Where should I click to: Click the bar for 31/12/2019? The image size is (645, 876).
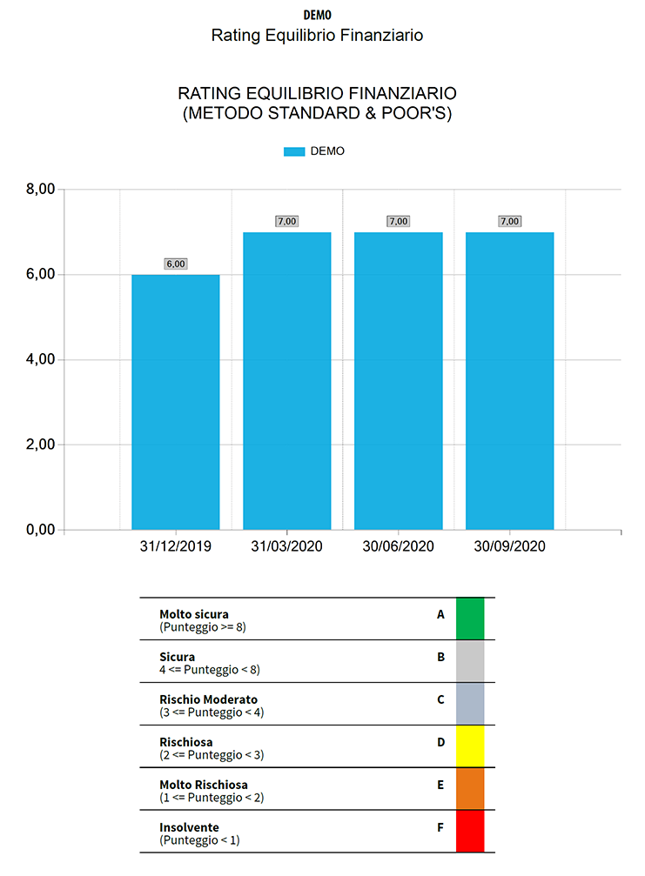[175, 402]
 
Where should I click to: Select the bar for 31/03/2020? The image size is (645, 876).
[286, 381]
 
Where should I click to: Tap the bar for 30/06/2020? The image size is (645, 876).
[398, 381]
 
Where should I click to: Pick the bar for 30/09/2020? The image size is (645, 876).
[509, 381]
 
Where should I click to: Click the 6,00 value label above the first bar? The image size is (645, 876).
[175, 264]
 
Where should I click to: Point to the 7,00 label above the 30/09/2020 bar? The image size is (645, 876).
[509, 221]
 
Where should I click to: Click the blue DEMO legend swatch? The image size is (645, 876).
[294, 151]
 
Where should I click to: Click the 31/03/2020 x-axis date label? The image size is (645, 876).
[286, 547]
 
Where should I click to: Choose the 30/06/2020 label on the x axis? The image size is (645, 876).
[398, 547]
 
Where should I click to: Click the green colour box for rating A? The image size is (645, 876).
[470, 619]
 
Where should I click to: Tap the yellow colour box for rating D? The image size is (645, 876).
[470, 746]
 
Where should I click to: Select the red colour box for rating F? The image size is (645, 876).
[470, 831]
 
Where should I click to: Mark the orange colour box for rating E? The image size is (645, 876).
[470, 788]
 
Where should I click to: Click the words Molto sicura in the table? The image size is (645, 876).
[194, 614]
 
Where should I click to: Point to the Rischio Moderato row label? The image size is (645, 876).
[208, 699]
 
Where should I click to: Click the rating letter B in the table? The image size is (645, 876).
[440, 657]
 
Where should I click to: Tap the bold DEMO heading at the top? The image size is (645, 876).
[317, 15]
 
